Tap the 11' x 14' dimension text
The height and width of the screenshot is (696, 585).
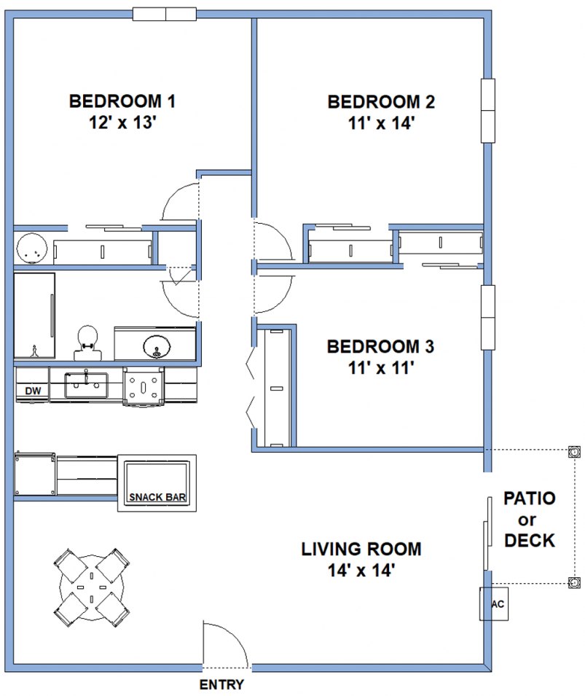[381, 122]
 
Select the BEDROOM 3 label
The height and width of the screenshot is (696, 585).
[381, 346]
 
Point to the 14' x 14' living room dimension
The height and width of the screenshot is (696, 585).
[361, 570]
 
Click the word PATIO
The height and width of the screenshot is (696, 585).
[530, 499]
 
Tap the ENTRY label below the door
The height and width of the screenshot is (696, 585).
[221, 685]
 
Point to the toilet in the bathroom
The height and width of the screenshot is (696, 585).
[87, 343]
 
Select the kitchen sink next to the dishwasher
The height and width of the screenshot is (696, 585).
[86, 384]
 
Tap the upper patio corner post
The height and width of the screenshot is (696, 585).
[574, 452]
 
